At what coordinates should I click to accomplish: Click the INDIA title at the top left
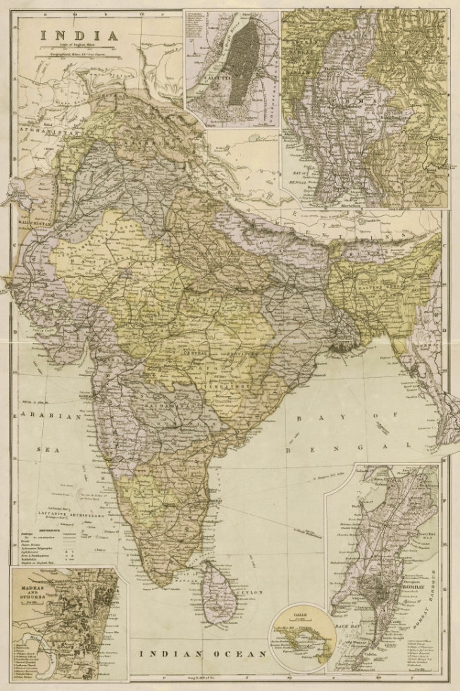(79, 35)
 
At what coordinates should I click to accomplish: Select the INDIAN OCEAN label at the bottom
(203, 654)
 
